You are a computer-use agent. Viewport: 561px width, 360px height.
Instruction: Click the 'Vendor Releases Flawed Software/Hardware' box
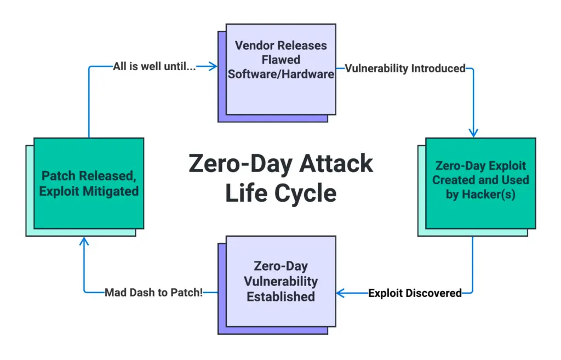click(281, 70)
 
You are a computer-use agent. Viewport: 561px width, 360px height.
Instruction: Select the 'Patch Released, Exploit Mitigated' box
click(89, 183)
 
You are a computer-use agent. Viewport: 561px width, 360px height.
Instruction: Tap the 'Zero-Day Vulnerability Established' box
click(281, 281)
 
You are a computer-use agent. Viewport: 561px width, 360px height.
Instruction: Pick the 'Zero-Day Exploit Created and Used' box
click(480, 183)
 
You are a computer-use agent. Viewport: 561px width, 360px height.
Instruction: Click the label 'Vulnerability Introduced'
click(405, 68)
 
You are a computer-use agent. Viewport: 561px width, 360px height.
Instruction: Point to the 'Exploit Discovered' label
click(415, 293)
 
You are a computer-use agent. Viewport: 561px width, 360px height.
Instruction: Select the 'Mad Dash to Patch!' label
click(154, 293)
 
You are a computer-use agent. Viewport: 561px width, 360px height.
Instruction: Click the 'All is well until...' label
click(154, 66)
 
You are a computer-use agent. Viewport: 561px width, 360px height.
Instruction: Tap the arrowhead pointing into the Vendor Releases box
click(213, 66)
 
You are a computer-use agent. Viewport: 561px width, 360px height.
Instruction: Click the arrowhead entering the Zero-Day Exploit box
click(473, 133)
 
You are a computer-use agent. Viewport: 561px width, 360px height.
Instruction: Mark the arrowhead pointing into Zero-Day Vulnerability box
click(340, 293)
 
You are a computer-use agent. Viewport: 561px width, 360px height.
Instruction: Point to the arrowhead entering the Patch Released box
click(84, 241)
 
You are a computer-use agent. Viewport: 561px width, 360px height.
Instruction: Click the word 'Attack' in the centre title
click(336, 163)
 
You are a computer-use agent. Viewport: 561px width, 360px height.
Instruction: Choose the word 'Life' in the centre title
click(247, 193)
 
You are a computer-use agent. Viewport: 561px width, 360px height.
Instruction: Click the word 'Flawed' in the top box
click(281, 60)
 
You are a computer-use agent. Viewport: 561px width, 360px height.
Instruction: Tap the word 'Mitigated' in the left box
click(111, 191)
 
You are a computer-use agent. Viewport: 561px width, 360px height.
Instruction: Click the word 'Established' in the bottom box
click(281, 296)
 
